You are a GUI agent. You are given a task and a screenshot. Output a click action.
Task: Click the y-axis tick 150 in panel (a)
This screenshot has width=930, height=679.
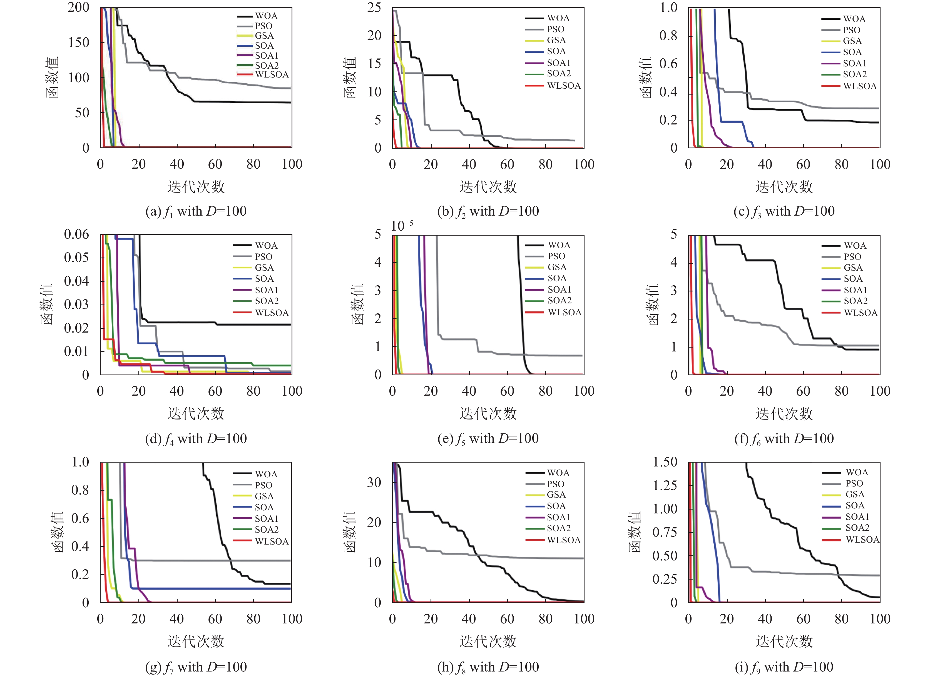(79, 42)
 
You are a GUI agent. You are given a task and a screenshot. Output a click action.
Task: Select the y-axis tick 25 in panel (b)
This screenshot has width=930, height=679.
(374, 8)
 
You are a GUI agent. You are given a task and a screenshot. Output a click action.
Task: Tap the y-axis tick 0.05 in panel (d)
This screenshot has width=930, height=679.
(76, 258)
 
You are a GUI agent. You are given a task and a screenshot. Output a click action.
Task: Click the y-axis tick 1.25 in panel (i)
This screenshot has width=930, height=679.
(665, 485)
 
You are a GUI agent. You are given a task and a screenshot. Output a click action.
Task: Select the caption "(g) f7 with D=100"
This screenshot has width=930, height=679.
(196, 667)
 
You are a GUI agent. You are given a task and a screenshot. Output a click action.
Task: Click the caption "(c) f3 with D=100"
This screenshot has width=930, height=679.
(784, 211)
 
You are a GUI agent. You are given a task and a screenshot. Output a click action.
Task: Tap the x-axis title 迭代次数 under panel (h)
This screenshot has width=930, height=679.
(488, 641)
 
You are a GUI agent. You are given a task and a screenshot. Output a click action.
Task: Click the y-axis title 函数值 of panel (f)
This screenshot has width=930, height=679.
(653, 304)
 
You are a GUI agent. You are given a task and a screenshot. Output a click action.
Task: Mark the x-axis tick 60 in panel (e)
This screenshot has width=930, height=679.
(507, 391)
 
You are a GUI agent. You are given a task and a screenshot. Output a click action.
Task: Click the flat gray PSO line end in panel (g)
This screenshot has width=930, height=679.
(290, 561)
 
